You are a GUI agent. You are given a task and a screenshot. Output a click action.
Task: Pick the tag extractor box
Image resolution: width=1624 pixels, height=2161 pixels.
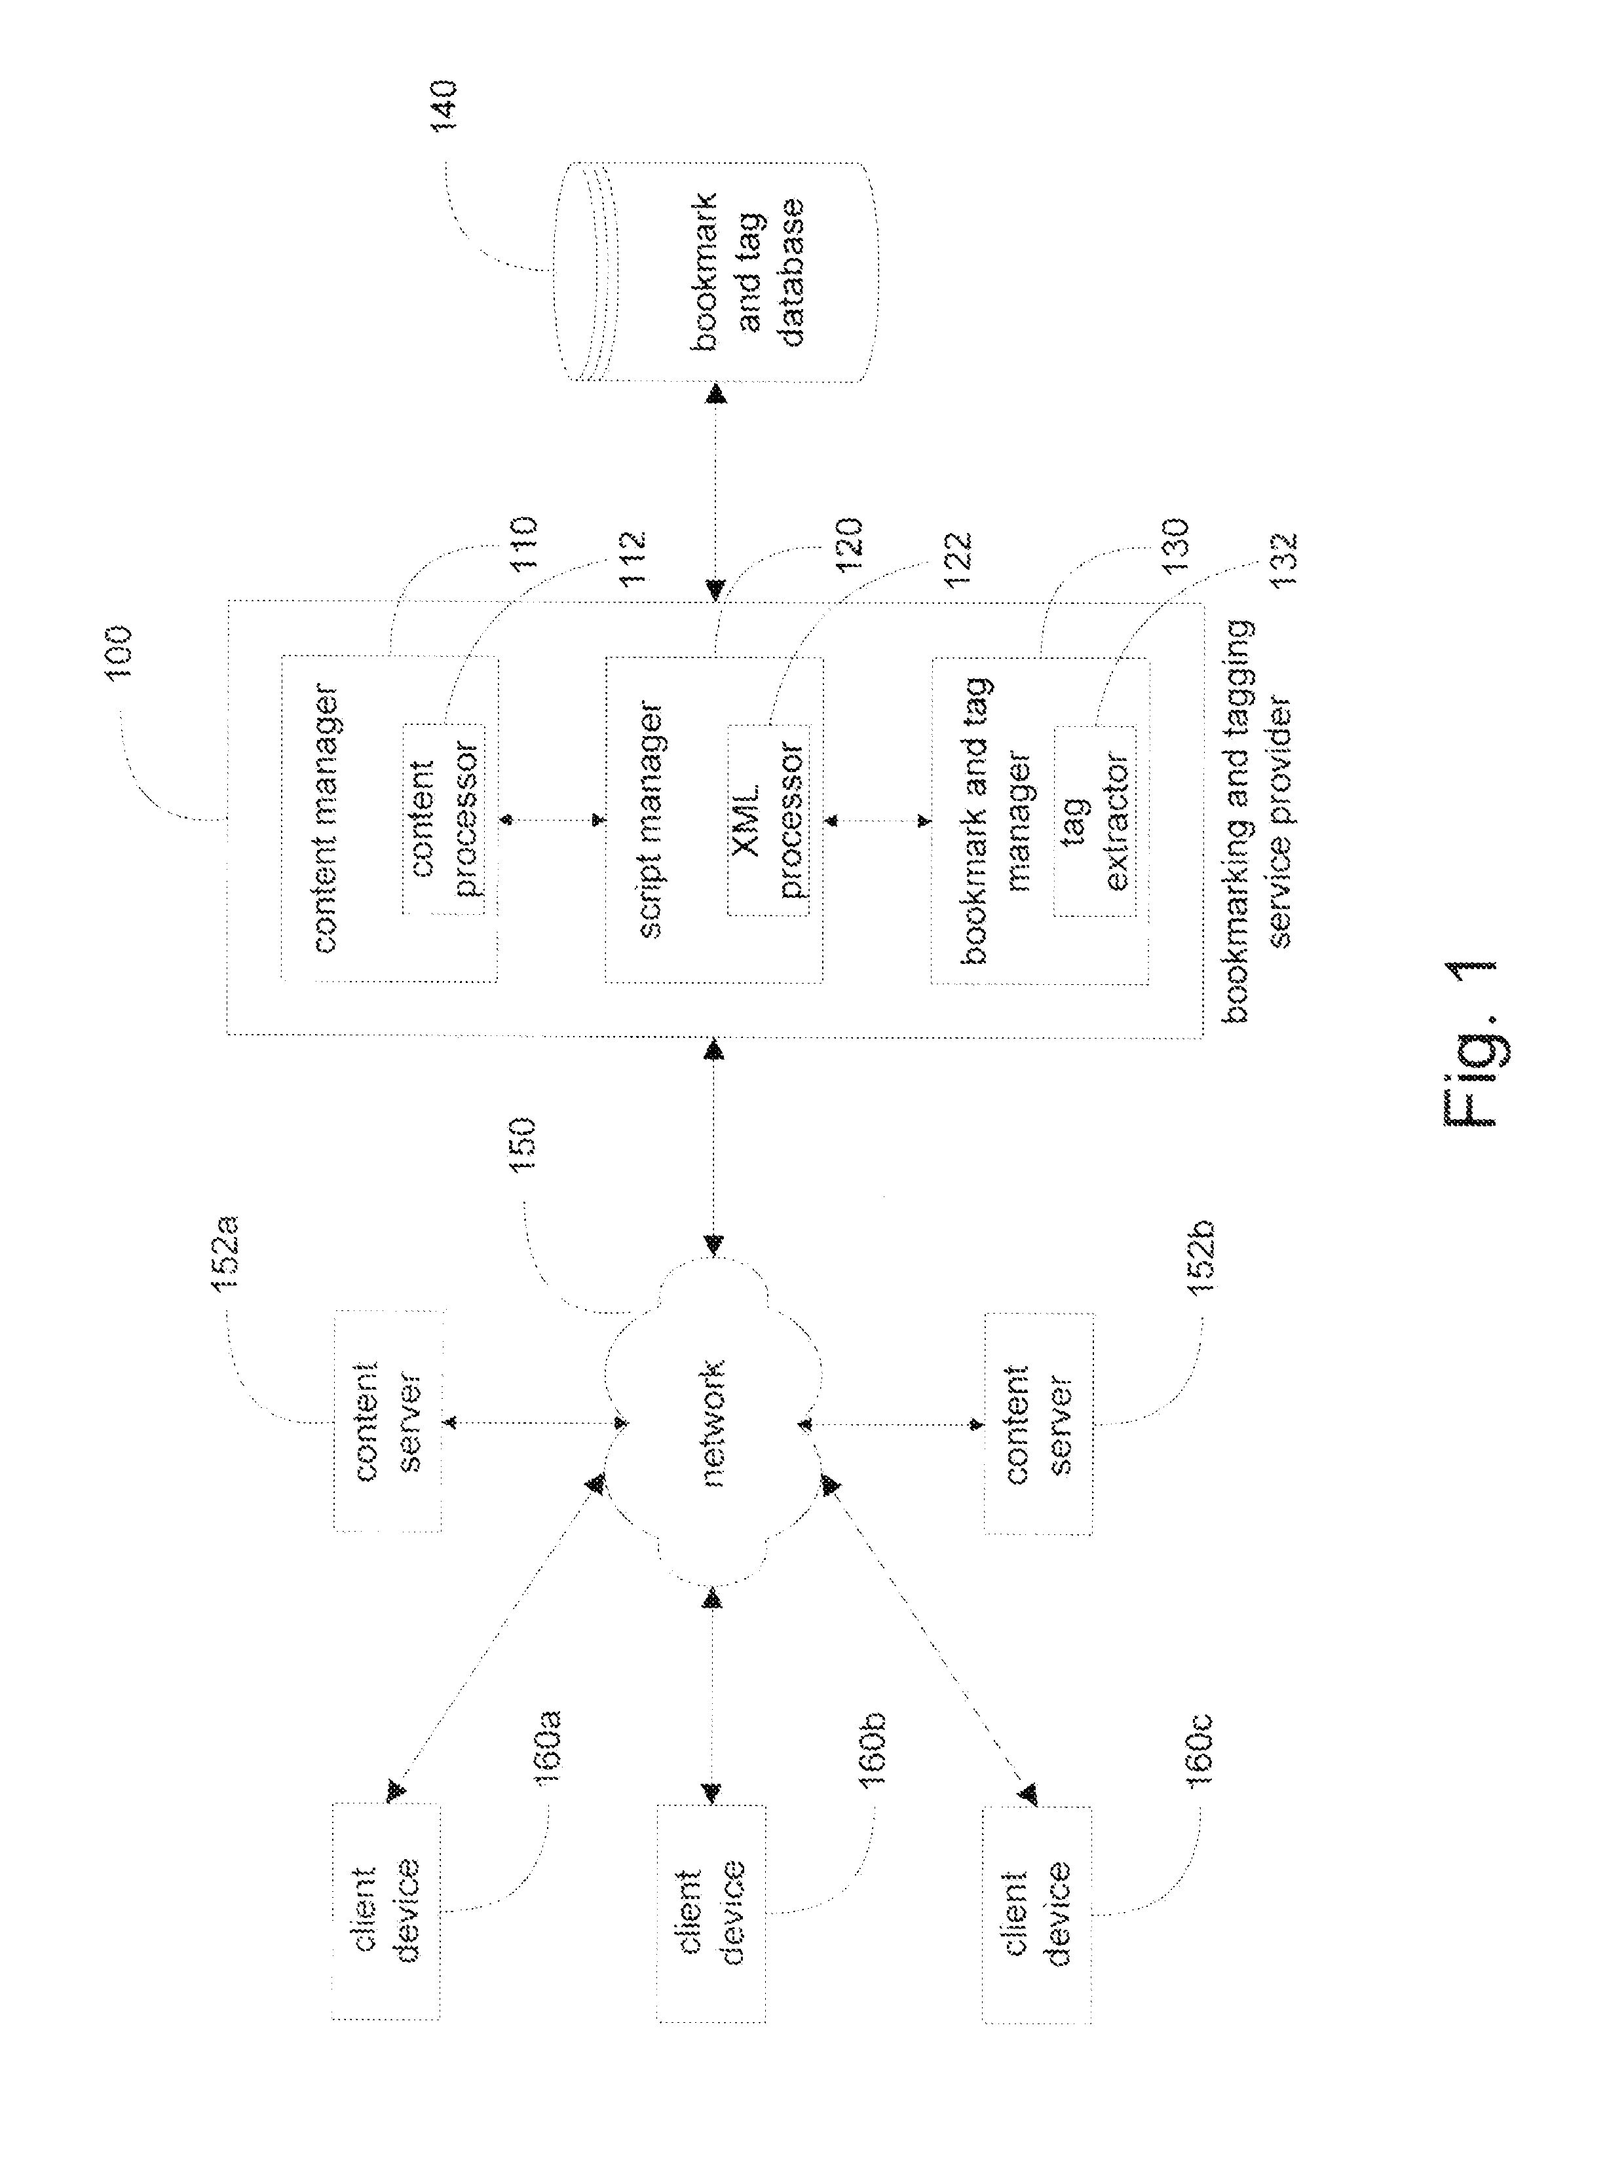click(1095, 820)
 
